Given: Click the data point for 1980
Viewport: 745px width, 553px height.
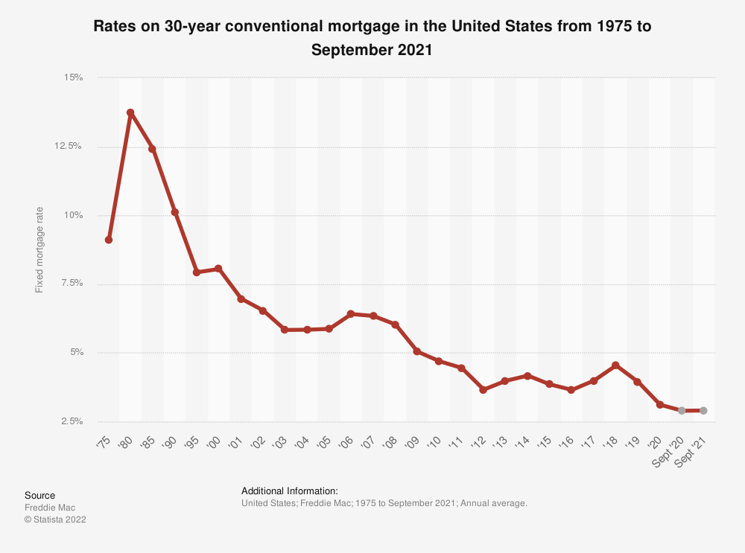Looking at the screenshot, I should pos(130,112).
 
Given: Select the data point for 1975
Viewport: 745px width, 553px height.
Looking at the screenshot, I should pos(109,240).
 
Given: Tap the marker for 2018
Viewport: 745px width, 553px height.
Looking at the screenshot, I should pos(615,365).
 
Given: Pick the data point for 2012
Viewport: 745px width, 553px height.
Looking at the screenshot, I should pos(483,389).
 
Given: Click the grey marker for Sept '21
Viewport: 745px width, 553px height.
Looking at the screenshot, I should pos(703,410).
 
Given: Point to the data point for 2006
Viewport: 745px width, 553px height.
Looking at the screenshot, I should pos(351,314).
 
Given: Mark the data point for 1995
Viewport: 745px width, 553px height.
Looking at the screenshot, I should pos(197,272).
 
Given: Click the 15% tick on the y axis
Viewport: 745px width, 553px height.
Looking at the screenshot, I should pos(72,77).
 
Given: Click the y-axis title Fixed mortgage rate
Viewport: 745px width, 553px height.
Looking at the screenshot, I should pos(39,249).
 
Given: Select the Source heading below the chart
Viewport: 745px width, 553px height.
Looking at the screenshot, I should pos(39,495).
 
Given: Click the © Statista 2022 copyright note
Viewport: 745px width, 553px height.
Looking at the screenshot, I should pos(55,520).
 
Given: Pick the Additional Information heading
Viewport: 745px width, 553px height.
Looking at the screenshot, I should pos(290,491).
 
